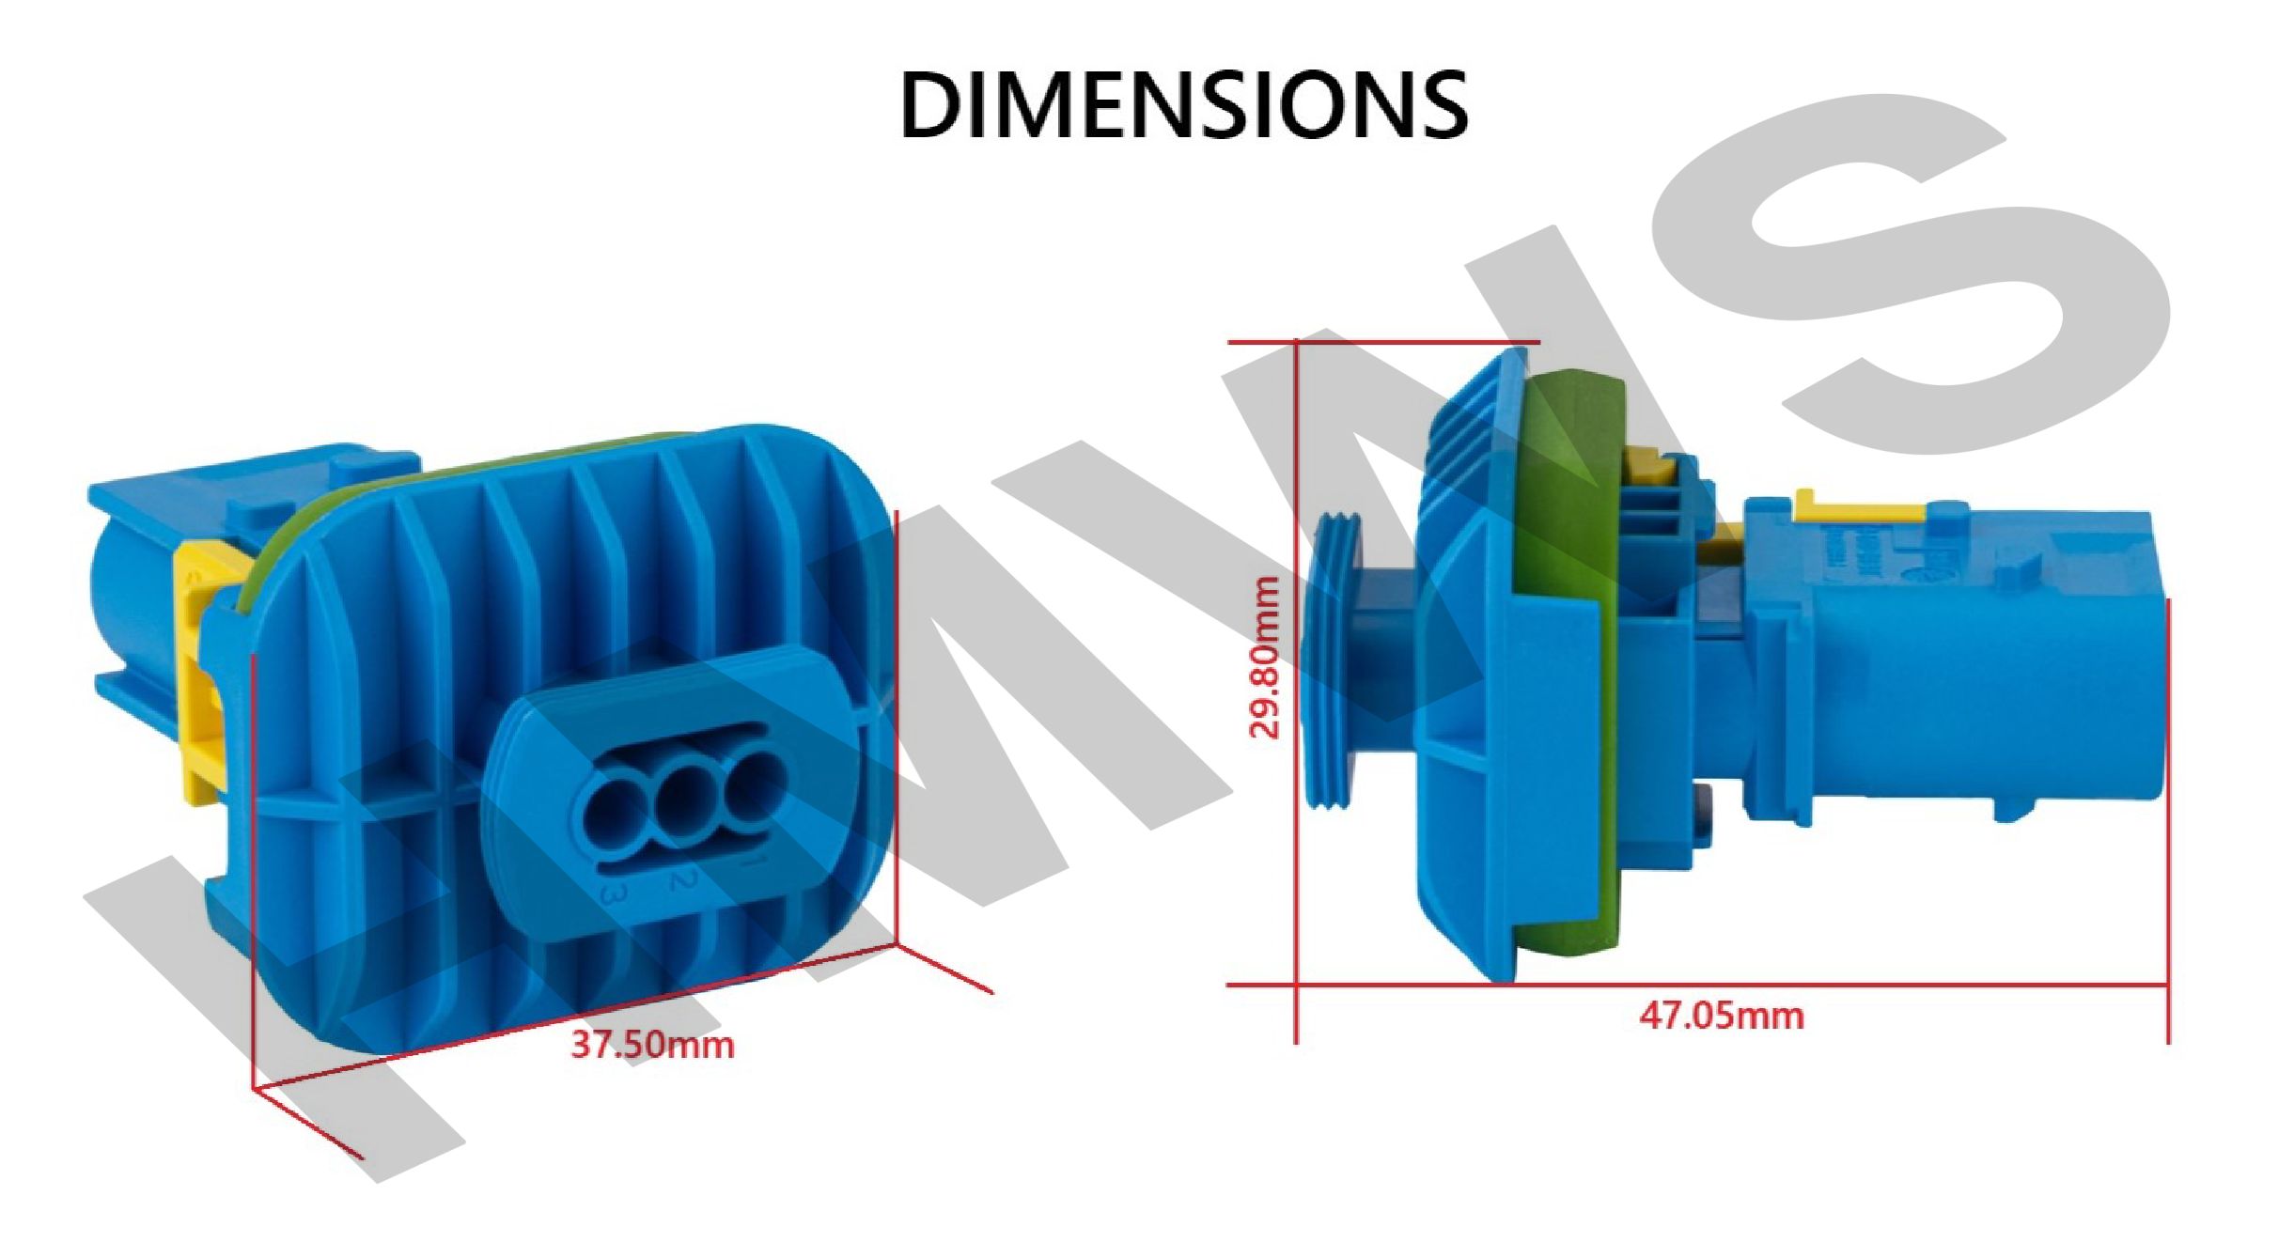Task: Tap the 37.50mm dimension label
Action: pyautogui.click(x=653, y=1045)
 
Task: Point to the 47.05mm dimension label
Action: pyautogui.click(x=1722, y=1016)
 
